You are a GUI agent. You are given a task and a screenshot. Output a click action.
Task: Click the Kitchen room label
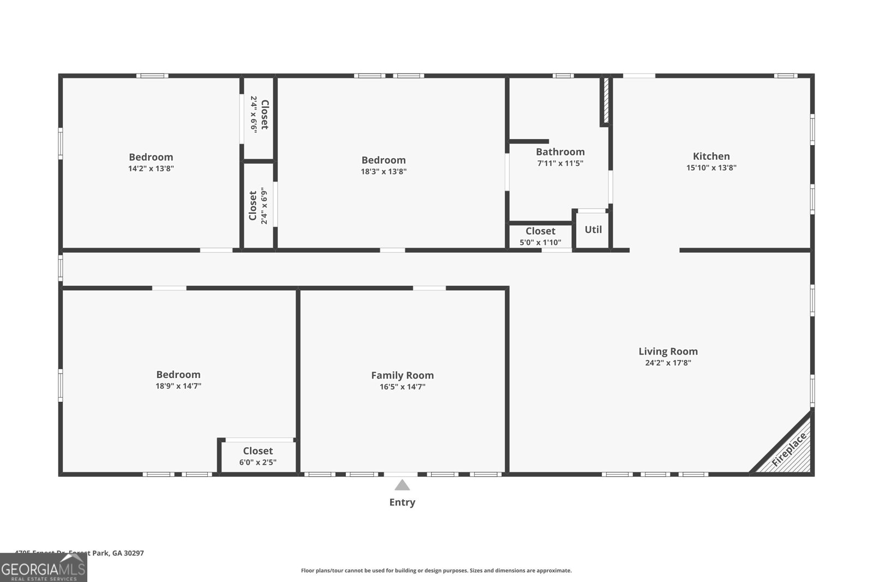[711, 156]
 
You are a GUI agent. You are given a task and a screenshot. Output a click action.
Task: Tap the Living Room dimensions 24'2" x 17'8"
[668, 363]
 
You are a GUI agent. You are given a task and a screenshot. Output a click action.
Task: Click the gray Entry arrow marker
[402, 485]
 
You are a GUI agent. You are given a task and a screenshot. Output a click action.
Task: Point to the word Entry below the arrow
[402, 502]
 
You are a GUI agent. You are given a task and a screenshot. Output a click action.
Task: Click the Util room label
[593, 230]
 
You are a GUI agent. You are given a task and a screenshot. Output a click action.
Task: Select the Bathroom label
[560, 152]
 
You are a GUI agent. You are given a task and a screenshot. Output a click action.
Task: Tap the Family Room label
[402, 375]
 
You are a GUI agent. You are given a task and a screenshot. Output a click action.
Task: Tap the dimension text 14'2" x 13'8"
[151, 169]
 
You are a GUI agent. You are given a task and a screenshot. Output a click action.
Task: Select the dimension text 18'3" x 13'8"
[384, 171]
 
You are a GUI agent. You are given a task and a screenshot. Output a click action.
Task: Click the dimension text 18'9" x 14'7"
[178, 386]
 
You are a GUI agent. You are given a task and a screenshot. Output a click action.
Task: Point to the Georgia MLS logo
[44, 568]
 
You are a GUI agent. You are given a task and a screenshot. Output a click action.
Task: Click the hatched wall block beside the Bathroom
[606, 101]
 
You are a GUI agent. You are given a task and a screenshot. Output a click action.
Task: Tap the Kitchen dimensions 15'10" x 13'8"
[711, 168]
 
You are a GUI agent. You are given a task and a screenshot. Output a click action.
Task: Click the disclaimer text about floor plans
[436, 571]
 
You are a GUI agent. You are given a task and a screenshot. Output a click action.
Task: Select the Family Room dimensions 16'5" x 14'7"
[402, 387]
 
